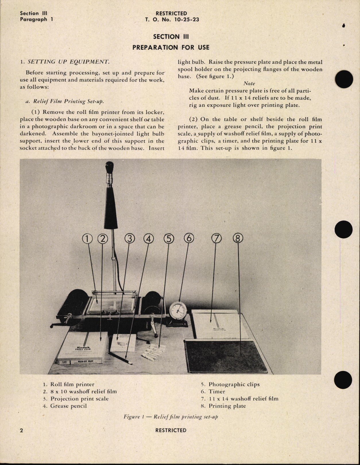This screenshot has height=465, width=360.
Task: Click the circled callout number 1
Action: [x=87, y=238]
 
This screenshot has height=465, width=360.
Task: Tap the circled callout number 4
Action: [x=148, y=238]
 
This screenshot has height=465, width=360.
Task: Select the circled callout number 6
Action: [x=189, y=238]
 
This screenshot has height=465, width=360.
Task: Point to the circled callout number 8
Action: [x=238, y=238]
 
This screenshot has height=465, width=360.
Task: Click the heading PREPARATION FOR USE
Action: [x=171, y=47]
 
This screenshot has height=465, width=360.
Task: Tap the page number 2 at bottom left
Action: [x=22, y=430]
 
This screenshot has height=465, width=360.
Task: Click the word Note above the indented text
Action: [x=249, y=84]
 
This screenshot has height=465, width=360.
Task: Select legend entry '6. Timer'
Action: [x=213, y=391]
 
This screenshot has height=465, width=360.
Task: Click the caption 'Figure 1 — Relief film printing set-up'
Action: [x=171, y=417]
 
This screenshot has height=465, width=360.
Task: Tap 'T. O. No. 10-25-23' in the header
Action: [x=172, y=20]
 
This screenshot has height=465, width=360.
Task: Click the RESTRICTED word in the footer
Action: [x=171, y=430]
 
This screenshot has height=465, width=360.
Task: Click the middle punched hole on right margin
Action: [x=343, y=229]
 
